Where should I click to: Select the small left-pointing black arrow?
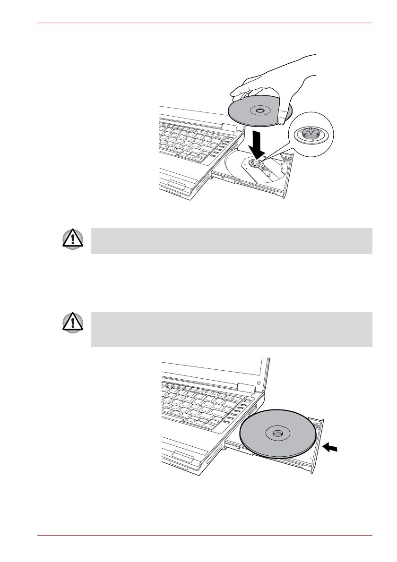point(331,448)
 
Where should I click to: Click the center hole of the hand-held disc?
point(260,111)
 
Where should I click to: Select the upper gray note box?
point(232,241)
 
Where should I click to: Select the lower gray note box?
point(232,329)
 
